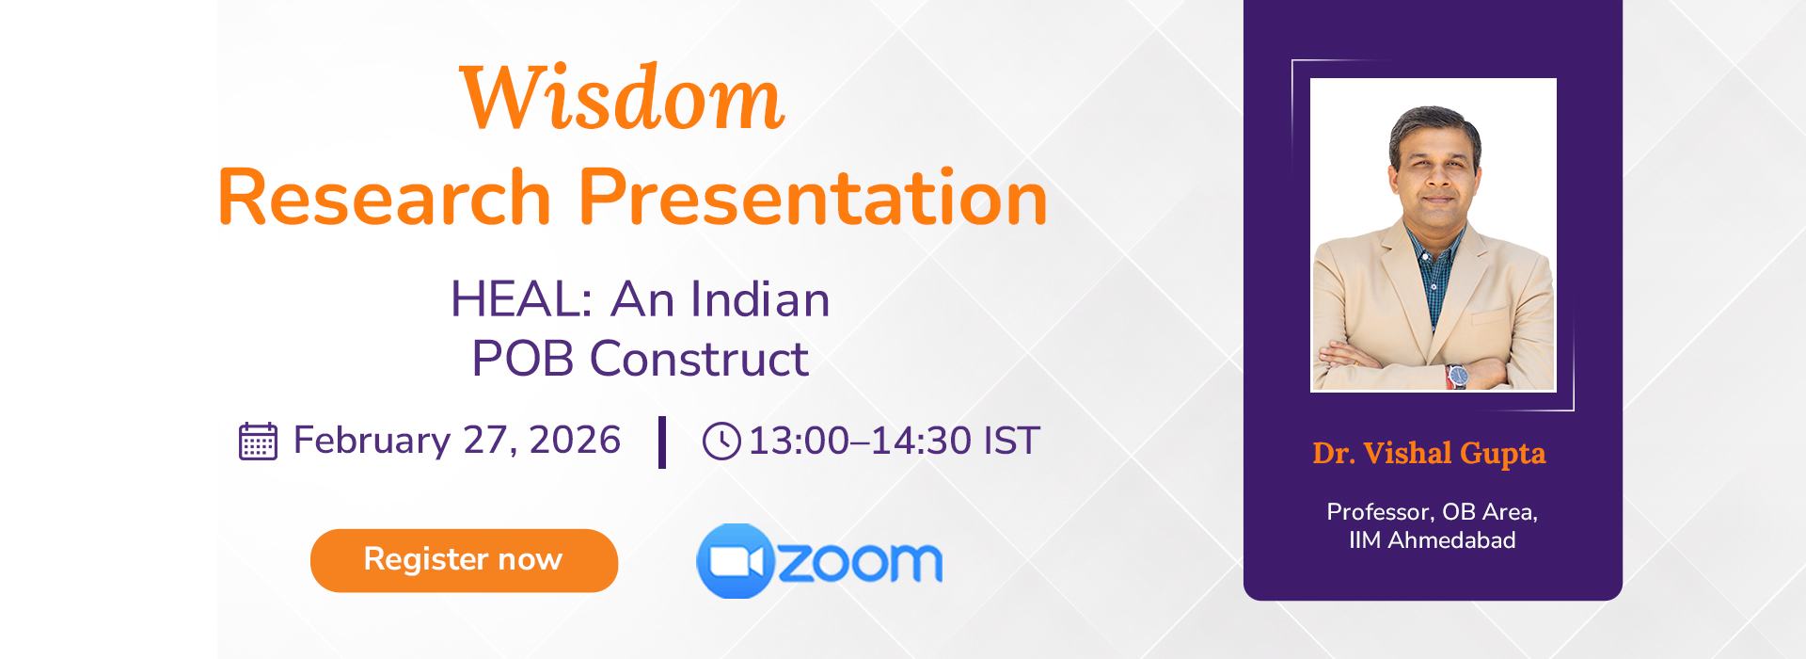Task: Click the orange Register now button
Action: (x=464, y=560)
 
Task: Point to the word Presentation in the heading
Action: (x=813, y=199)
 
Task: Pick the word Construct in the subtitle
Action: (x=699, y=359)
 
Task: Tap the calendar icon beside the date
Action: (x=258, y=441)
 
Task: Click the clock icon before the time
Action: (x=721, y=442)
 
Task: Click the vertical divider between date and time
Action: (x=662, y=442)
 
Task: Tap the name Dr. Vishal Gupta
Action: (x=1429, y=454)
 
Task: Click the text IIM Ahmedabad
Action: (x=1432, y=540)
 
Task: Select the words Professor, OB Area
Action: (x=1432, y=512)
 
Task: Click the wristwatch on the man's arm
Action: (x=1457, y=375)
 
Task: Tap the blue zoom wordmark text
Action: (x=860, y=562)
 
